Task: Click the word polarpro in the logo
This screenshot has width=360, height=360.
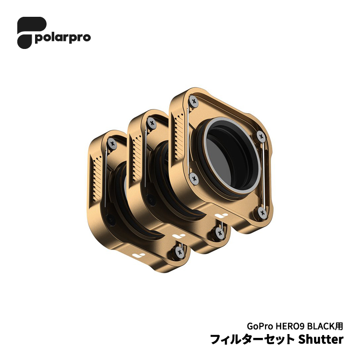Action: (63, 37)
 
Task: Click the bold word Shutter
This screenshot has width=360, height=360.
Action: (321, 339)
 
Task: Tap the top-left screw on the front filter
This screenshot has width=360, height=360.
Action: (194, 101)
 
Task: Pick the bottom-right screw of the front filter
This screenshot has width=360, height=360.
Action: (262, 212)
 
